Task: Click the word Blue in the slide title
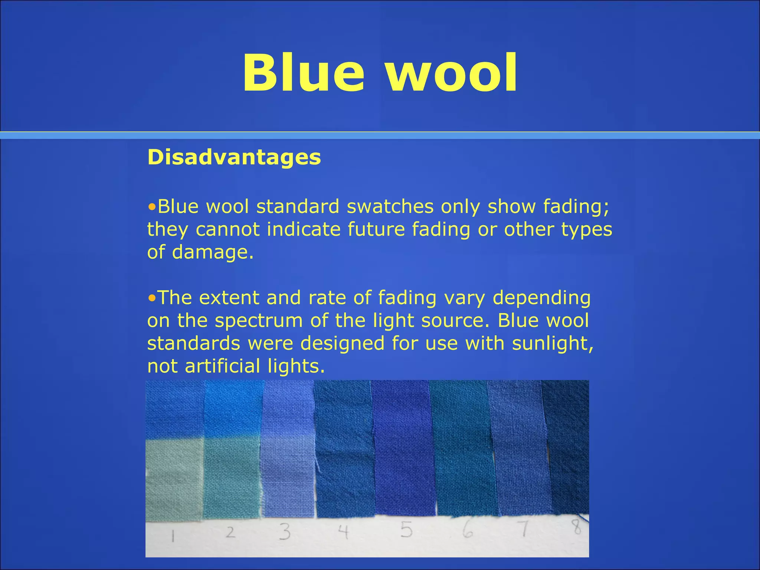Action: click(x=303, y=73)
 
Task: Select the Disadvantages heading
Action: click(x=234, y=157)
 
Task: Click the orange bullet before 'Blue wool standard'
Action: click(x=151, y=207)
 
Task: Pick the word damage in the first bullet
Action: click(x=213, y=252)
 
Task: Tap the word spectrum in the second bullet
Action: click(x=259, y=321)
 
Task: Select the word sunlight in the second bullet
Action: click(x=552, y=343)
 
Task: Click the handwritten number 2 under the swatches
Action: click(x=230, y=533)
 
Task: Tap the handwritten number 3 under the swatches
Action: click(x=285, y=532)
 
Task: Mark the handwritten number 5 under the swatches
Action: click(x=406, y=530)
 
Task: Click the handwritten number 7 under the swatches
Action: click(x=524, y=530)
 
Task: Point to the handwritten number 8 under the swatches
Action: click(x=576, y=527)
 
